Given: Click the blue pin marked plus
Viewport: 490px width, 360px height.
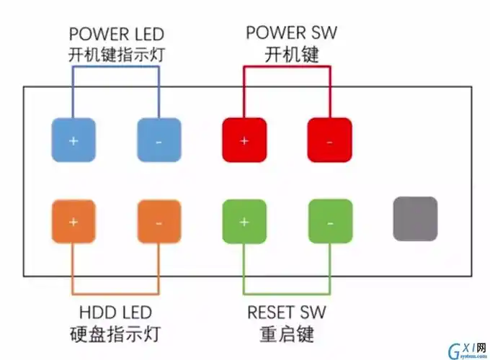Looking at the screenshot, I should coord(73,140).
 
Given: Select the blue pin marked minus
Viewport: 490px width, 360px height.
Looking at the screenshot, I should coord(159,140).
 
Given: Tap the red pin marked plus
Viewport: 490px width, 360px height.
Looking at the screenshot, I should coord(244,140).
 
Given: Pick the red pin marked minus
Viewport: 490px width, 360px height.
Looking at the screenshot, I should coord(329,140).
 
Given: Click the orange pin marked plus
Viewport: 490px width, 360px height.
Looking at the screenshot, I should coord(73,220).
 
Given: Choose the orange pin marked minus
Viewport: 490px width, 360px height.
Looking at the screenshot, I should coord(159,220).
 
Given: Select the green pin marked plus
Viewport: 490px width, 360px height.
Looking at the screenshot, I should coord(244,220).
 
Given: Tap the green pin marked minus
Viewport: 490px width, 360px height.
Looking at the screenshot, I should coord(329,220).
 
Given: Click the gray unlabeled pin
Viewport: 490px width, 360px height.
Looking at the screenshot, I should coord(415,218).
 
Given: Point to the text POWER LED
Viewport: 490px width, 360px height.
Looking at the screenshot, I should coord(116,34).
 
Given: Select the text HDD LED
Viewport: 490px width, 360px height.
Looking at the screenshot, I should coord(116,312).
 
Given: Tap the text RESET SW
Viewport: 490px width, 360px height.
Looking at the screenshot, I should coord(287,312).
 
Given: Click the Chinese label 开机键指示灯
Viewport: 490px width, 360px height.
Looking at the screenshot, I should coord(116,55).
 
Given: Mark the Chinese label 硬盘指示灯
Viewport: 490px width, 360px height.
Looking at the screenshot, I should coord(116,334).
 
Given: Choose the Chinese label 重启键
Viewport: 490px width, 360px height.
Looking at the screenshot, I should coord(287,334).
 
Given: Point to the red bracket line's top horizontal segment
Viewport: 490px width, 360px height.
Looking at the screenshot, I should coord(287,67).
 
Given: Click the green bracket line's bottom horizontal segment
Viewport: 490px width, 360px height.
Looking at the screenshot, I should coord(287,294).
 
